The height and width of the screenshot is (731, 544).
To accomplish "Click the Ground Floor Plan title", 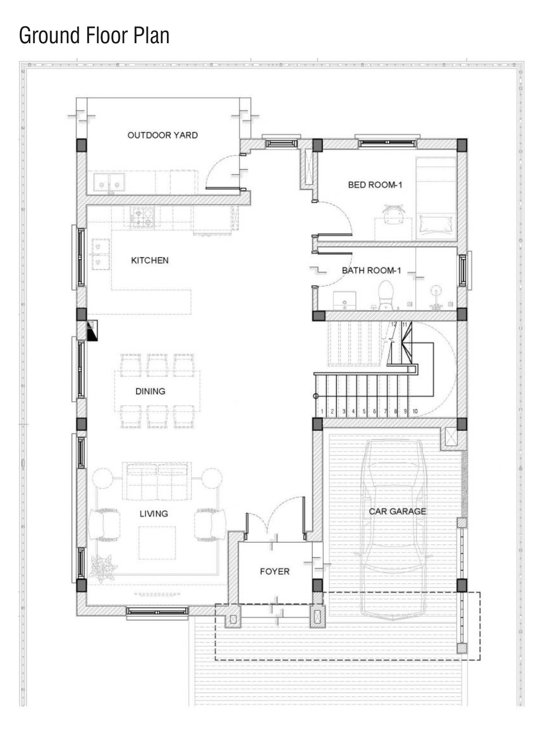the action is point(94,35).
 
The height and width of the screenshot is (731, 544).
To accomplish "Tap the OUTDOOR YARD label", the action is point(162,135).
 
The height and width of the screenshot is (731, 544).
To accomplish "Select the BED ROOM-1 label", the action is point(375,184).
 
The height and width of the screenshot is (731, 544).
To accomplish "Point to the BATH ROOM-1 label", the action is point(371,270).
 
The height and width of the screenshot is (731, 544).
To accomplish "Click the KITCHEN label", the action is point(150,260).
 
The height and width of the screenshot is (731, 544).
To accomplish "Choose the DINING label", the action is point(150,391).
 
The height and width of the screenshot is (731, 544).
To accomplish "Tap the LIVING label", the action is point(154,513).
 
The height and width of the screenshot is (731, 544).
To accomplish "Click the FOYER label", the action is point(274,571).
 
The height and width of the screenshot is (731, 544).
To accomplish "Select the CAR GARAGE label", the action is point(397,511).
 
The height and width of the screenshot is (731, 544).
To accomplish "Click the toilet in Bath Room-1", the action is point(386,295).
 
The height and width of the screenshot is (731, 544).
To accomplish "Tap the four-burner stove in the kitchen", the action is point(142,217).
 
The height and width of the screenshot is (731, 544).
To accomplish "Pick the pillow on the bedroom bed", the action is point(437,225).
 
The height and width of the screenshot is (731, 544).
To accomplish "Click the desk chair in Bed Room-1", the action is point(394,214).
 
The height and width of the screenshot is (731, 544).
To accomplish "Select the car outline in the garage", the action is point(394,529).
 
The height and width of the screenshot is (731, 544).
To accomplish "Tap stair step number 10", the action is point(415,411).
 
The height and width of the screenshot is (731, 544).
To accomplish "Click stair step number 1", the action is point(322,411).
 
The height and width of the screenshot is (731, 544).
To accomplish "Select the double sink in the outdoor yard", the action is point(109,182).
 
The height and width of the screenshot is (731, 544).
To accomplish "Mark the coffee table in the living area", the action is point(157,543).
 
